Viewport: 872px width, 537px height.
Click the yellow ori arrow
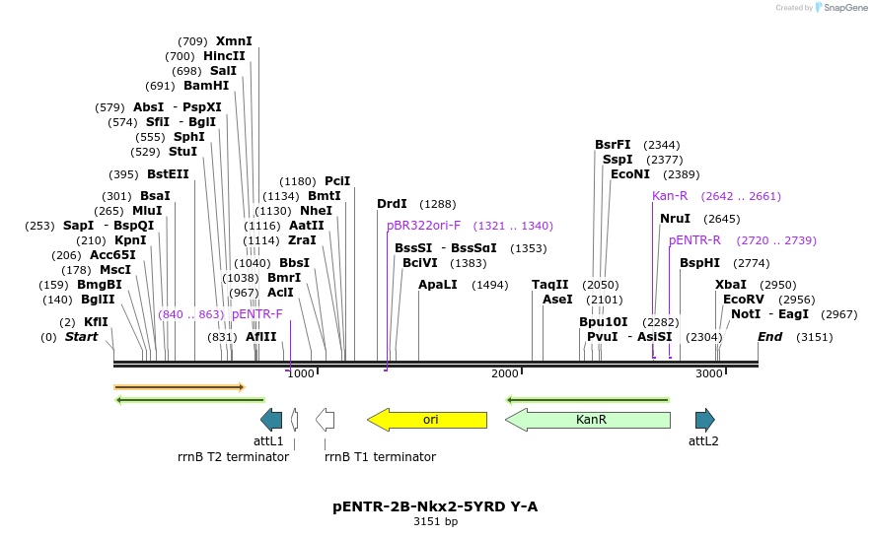click(x=427, y=420)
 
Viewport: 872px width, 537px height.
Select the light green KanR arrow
click(x=588, y=420)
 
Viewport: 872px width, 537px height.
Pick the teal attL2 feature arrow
click(x=704, y=420)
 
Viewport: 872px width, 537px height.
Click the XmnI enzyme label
click(x=234, y=41)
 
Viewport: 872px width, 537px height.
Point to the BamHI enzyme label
click(x=206, y=86)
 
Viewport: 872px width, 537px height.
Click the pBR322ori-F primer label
click(x=424, y=226)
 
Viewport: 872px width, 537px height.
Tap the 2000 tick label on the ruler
click(x=505, y=373)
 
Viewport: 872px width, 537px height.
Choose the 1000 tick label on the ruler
click(x=301, y=373)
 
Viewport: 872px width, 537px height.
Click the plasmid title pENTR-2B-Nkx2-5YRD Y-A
click(x=435, y=506)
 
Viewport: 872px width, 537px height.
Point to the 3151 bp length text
click(x=435, y=522)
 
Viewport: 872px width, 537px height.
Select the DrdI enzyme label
click(x=392, y=204)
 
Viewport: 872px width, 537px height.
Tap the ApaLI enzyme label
click(x=437, y=285)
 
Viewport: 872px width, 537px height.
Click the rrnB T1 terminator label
click(x=380, y=457)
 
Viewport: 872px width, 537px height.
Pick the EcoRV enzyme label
click(x=743, y=300)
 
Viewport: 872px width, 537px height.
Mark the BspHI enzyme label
click(x=699, y=263)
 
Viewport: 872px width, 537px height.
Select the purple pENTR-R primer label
click(x=694, y=240)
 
